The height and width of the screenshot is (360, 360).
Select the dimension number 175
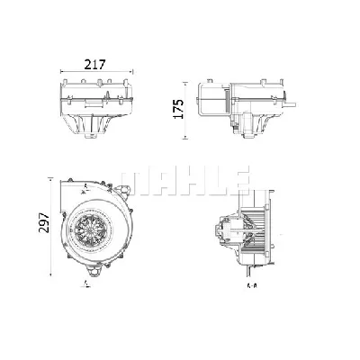[x=179, y=109]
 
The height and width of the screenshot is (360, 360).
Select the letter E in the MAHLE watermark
[x=238, y=176]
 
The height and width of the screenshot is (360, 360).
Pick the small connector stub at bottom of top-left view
[x=93, y=140]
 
